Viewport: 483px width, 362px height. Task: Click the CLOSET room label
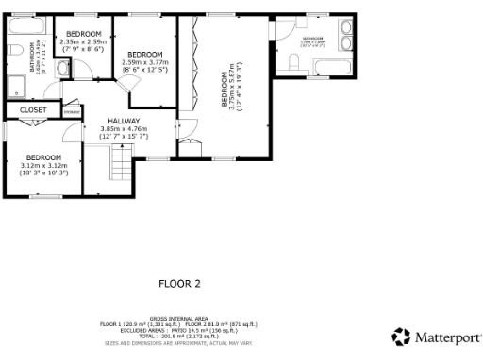(x=33, y=110)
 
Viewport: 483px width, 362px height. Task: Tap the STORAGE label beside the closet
(x=72, y=111)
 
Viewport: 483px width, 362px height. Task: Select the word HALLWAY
(x=123, y=122)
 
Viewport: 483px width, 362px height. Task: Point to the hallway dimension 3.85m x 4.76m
(x=123, y=129)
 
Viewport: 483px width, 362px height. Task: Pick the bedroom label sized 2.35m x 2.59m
(x=83, y=34)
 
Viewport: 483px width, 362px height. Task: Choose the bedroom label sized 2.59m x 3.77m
(x=145, y=54)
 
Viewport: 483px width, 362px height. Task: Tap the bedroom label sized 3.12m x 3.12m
(x=43, y=157)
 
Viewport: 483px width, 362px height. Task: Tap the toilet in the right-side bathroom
(x=293, y=62)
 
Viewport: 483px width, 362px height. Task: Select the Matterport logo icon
(x=401, y=337)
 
